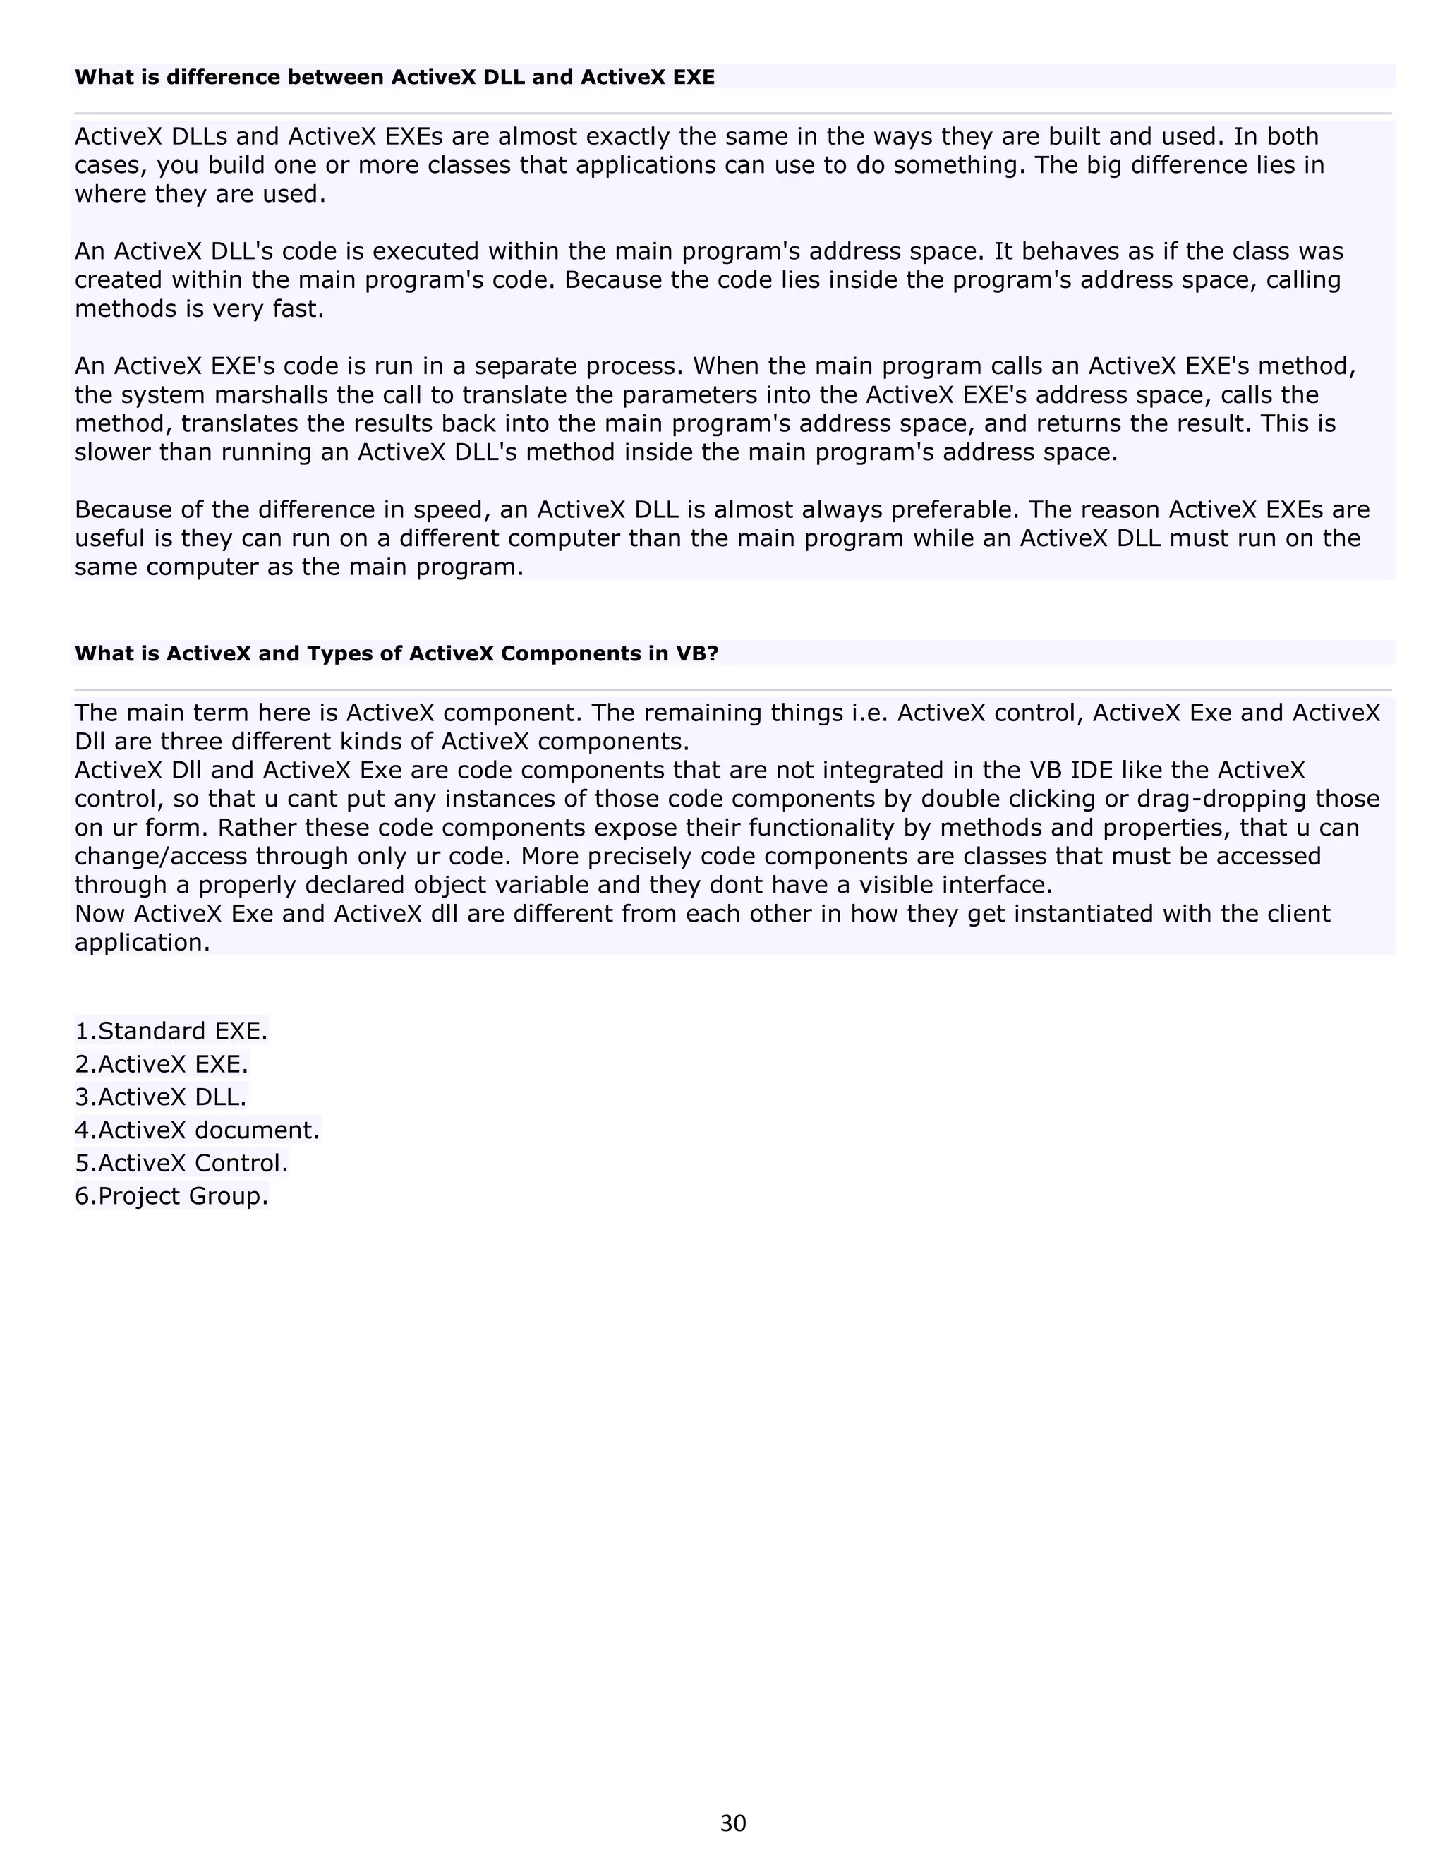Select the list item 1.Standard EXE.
pos(171,1031)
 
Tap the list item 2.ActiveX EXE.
pos(161,1064)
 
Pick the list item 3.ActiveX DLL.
pos(160,1097)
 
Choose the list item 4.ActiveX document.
pos(197,1130)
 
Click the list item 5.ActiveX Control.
pos(181,1163)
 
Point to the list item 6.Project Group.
pos(171,1196)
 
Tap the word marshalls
pos(273,396)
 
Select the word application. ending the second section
pos(142,943)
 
